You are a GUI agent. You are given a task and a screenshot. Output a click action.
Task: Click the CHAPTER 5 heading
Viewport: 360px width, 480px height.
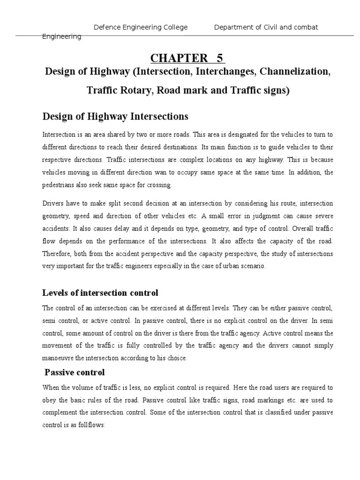[187, 58]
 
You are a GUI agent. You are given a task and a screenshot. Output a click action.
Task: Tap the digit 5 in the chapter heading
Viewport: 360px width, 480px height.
[219, 58]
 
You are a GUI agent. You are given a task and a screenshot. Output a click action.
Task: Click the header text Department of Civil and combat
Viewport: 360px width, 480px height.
[266, 27]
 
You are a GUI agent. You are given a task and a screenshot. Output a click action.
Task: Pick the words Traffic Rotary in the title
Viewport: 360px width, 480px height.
[115, 90]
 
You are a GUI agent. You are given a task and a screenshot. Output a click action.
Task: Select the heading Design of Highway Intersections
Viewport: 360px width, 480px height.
[115, 116]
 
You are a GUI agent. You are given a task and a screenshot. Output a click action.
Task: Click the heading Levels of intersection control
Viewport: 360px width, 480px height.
[100, 293]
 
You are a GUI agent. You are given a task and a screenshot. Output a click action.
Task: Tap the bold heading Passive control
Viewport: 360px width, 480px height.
[74, 372]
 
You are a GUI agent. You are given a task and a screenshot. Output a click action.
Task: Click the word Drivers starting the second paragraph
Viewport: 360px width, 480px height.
[53, 203]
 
